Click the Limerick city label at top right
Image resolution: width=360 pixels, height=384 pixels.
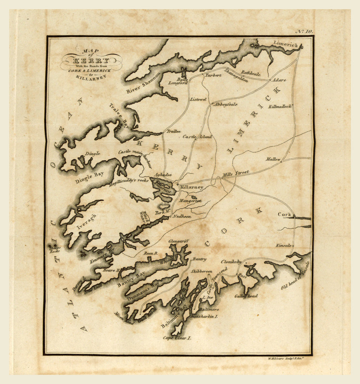pos(285,44)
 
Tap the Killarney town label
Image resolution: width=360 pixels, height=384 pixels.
pos(191,187)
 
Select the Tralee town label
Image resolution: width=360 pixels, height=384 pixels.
pos(174,131)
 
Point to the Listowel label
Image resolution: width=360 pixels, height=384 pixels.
pos(198,99)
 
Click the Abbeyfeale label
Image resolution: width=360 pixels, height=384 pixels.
pos(225,105)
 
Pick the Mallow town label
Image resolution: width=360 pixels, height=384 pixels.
pos(273,159)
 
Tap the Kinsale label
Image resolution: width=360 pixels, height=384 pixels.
pos(284,245)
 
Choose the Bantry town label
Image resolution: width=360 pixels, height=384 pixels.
pos(199,259)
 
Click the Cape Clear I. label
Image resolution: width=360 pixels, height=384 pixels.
pos(177,338)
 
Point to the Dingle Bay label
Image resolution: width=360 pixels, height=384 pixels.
pos(89,177)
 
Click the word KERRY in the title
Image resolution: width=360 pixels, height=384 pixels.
pos(91,61)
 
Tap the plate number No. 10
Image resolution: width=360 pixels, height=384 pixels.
pos(304,31)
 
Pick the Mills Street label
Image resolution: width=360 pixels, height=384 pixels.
pos(236,173)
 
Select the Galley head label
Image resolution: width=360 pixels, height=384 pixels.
pos(246,296)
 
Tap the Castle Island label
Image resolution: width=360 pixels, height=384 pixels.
pos(197,137)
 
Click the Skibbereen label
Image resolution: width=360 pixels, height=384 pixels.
pos(202,271)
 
